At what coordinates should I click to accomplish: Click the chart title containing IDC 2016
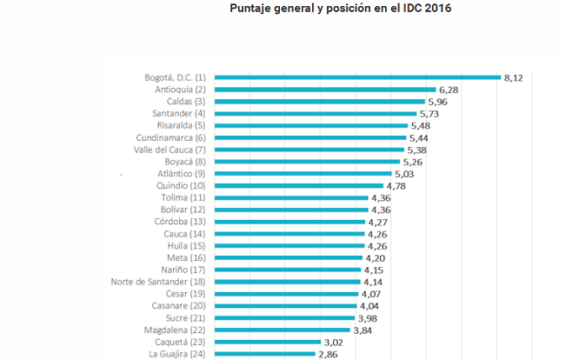click(341, 10)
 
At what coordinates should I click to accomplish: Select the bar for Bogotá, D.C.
click(356, 77)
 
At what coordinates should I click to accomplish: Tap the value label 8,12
click(514, 77)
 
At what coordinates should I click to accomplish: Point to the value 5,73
click(430, 113)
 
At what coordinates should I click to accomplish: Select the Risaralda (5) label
click(175, 125)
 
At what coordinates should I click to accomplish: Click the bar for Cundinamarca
click(309, 137)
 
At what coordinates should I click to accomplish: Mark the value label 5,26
click(414, 161)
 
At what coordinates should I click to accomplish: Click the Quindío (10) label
click(174, 185)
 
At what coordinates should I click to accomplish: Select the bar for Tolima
click(289, 197)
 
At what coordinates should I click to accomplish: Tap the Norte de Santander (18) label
click(158, 282)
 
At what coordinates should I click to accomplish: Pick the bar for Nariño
click(287, 270)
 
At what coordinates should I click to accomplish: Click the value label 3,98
click(369, 318)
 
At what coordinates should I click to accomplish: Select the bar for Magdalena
click(282, 330)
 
